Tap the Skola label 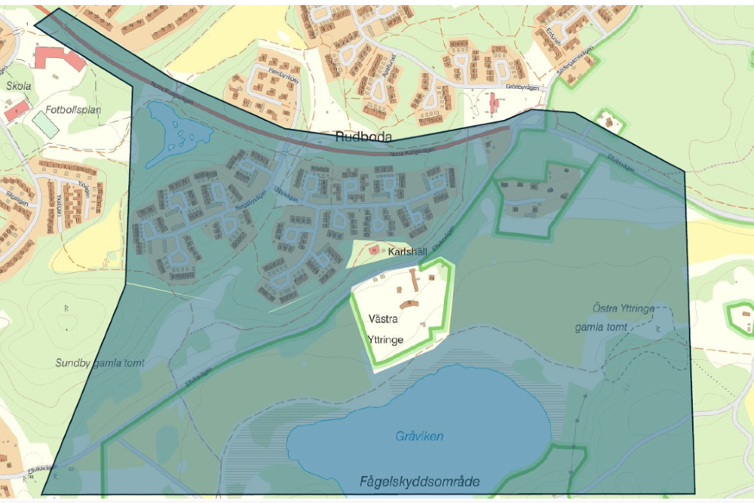tap(18, 86)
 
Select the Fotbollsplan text tap(73, 109)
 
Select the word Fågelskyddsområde tap(419, 481)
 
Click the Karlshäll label tap(408, 253)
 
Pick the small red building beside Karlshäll tap(373, 250)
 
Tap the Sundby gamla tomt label tap(100, 363)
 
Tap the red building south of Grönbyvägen tap(493, 103)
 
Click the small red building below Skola tap(17, 112)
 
